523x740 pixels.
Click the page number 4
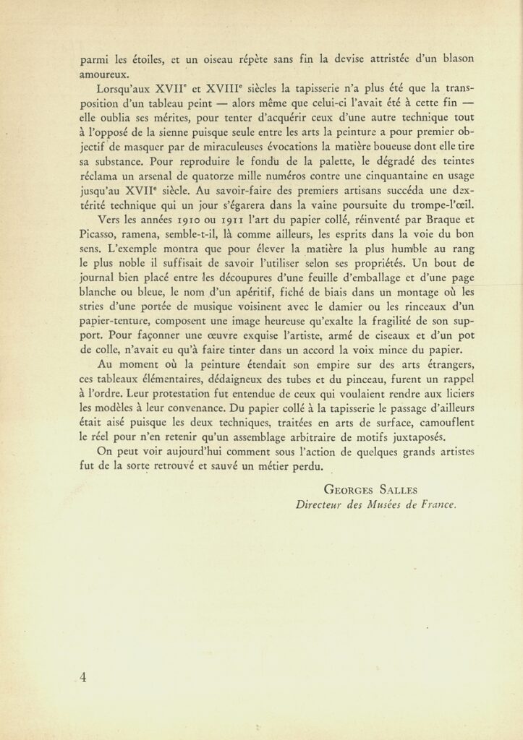click(84, 676)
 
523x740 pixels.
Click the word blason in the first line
click(455, 58)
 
